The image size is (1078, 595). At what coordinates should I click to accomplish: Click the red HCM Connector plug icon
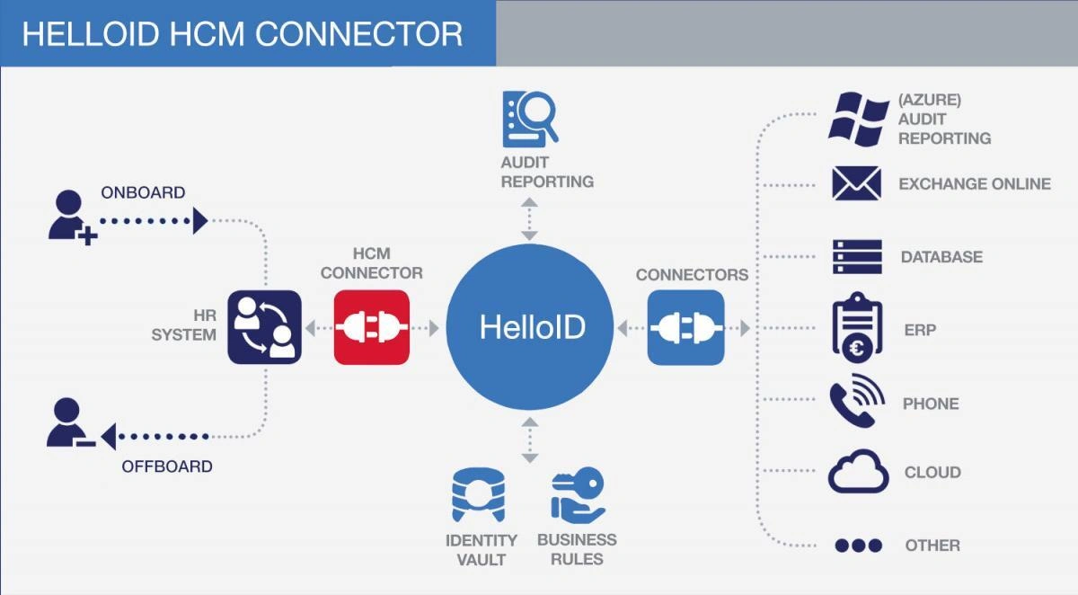pos(372,327)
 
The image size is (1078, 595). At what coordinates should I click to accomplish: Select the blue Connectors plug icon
pos(685,327)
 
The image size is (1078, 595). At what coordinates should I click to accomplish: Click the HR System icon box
pos(264,327)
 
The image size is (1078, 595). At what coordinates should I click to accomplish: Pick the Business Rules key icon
pos(578,494)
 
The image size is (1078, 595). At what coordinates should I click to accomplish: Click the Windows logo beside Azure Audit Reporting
pos(857,118)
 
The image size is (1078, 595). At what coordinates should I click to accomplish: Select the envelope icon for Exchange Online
pos(856,183)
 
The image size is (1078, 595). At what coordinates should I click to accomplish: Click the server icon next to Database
pos(856,257)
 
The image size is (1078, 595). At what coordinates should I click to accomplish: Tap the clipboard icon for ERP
pos(856,326)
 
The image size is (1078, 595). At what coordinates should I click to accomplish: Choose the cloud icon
pos(858,473)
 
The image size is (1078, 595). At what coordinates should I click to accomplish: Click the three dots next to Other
pos(858,546)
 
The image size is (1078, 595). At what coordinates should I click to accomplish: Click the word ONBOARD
pos(143,192)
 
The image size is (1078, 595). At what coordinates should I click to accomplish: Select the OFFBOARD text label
pos(167,466)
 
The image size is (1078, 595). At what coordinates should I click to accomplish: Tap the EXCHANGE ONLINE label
pos(975,183)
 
